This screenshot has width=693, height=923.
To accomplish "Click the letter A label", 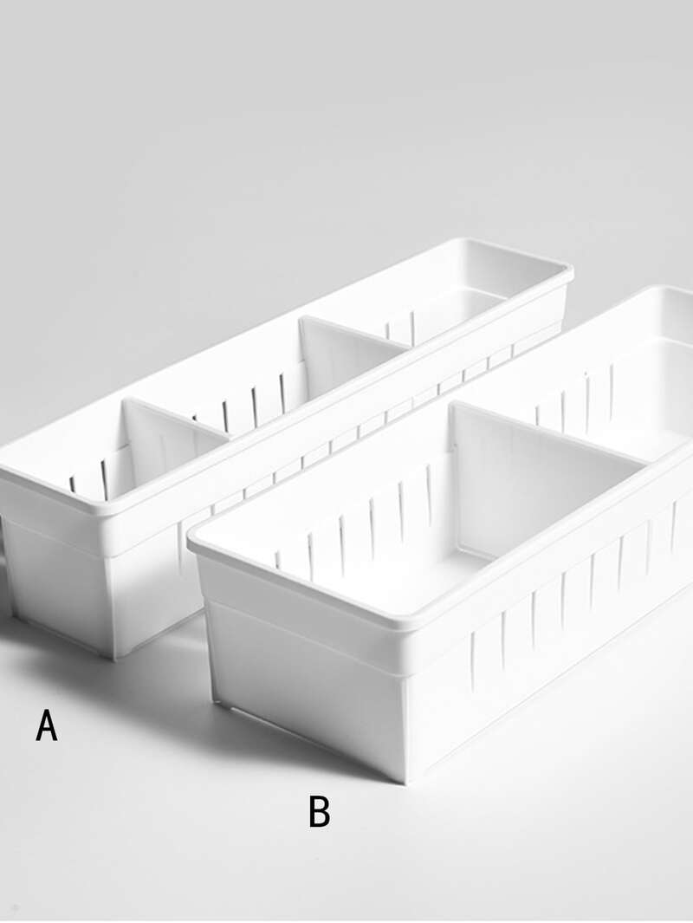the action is tap(47, 725).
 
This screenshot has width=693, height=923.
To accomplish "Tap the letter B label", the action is tap(319, 812).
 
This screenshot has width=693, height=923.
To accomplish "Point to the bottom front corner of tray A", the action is tap(114, 658).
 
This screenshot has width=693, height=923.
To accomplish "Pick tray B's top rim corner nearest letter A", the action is tap(192, 536).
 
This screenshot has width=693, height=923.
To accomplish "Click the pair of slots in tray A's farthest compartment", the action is tap(400, 328).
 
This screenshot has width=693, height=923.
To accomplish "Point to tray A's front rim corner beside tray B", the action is tap(114, 511).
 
